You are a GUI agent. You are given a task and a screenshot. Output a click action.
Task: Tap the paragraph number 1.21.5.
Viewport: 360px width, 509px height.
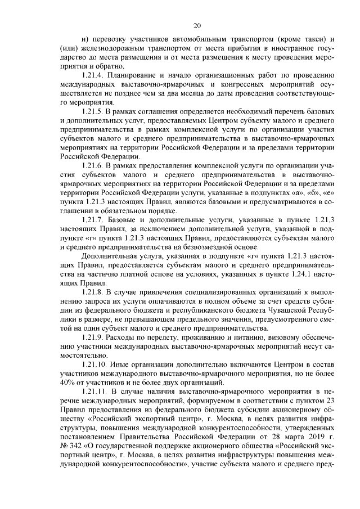(93, 112)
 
